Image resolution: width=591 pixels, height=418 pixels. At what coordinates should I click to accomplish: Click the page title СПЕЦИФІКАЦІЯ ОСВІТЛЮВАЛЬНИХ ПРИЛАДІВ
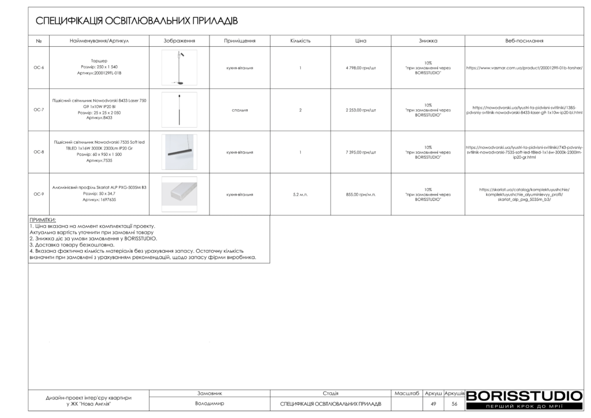click(137, 21)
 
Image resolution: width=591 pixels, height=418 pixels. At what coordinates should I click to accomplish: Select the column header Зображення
click(179, 41)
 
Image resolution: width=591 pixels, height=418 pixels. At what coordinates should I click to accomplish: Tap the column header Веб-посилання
click(524, 41)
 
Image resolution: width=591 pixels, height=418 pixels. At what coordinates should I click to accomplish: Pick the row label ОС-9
click(39, 195)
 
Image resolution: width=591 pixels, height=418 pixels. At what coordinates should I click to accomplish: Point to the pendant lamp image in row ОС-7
click(179, 110)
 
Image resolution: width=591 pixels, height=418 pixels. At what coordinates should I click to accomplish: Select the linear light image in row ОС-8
click(179, 152)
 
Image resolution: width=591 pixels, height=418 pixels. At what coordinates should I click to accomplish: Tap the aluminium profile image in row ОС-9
click(179, 194)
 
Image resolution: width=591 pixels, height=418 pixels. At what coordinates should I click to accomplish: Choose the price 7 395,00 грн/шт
click(361, 152)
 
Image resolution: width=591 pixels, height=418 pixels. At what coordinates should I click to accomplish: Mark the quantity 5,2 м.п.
click(300, 195)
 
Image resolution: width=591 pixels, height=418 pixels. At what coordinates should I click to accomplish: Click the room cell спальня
click(240, 110)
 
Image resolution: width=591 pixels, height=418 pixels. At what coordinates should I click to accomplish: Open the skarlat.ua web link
click(524, 195)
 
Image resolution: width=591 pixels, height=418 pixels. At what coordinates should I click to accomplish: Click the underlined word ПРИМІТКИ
click(42, 220)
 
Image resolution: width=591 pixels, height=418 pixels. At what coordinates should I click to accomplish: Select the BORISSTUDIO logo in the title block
click(524, 396)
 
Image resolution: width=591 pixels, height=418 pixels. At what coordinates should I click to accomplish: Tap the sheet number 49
click(433, 404)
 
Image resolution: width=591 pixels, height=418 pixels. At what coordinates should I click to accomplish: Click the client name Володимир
click(210, 404)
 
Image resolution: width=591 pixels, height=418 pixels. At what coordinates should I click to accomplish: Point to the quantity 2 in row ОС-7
click(300, 110)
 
